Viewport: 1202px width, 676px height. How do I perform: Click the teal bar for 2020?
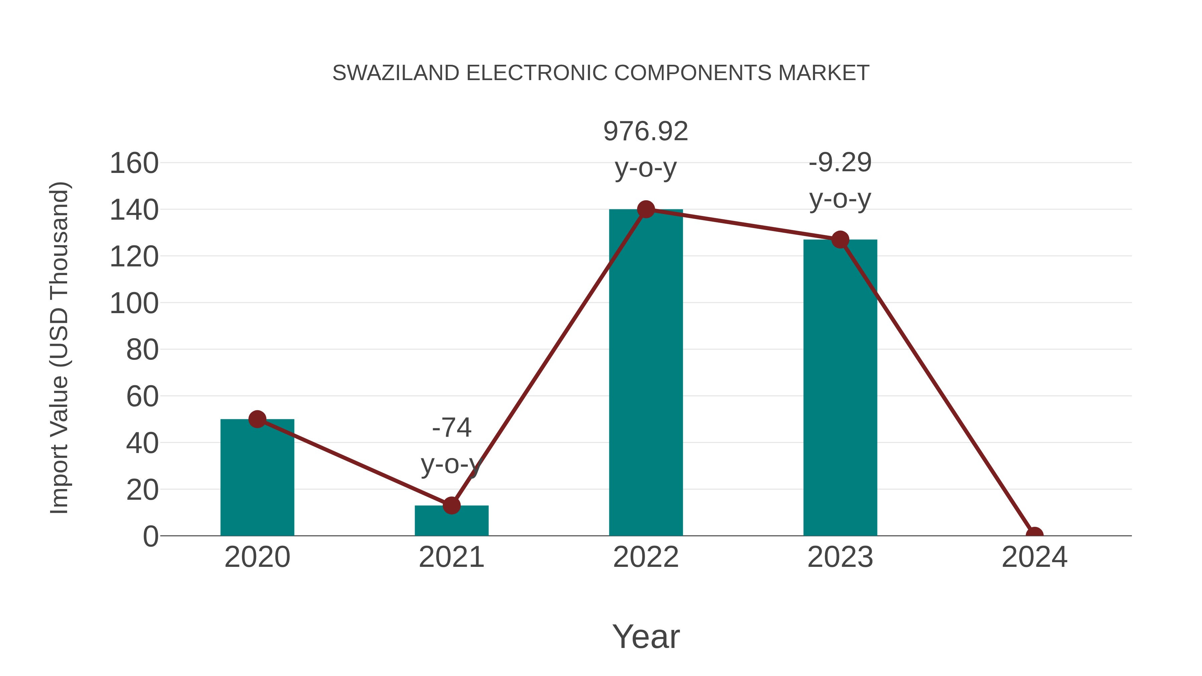(257, 480)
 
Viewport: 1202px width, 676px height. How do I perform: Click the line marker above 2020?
(257, 419)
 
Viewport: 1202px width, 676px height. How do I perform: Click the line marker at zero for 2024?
(1034, 535)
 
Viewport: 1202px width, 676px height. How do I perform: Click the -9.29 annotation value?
(840, 163)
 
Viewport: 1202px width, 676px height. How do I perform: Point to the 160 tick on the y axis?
(134, 164)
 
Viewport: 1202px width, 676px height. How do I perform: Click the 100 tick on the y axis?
(134, 304)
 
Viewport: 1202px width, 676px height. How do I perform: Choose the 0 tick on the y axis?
(151, 536)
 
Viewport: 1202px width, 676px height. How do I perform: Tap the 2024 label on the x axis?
(1034, 557)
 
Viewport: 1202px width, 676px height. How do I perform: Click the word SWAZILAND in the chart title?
(396, 73)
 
